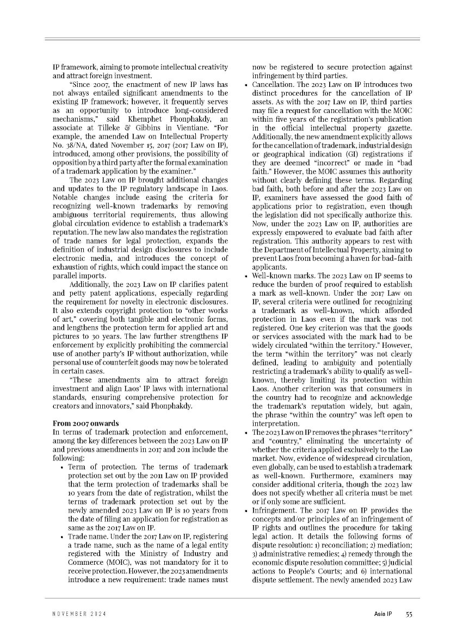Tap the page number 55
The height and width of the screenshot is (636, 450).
tap(409, 614)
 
